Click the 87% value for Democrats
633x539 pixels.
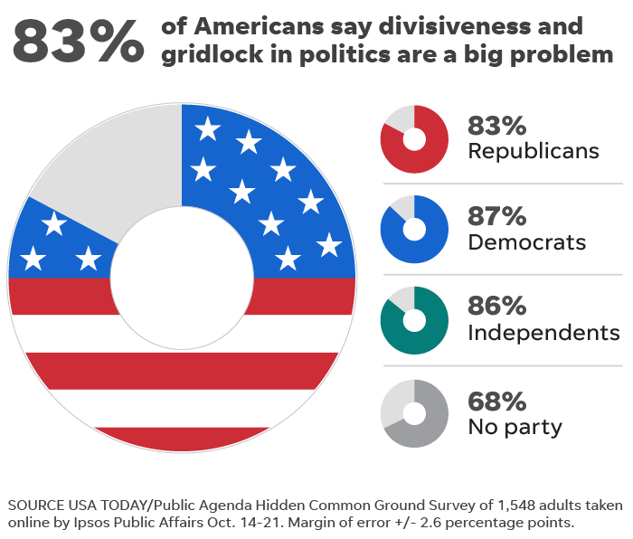(496, 217)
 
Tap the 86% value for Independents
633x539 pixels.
(496, 306)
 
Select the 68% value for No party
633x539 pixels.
(496, 401)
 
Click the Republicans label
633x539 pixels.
(533, 151)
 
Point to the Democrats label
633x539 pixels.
(526, 242)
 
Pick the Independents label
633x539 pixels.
(543, 332)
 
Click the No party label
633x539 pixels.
(515, 426)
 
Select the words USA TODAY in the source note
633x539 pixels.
(102, 505)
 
